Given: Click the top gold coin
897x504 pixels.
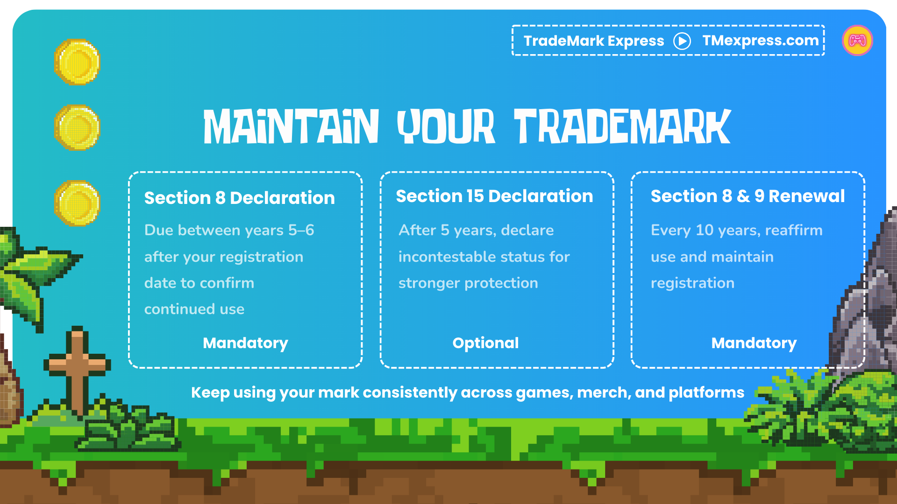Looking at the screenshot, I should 77,62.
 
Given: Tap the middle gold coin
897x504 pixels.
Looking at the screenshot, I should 77,127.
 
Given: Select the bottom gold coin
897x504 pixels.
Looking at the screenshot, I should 77,203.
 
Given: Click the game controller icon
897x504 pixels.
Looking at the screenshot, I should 857,41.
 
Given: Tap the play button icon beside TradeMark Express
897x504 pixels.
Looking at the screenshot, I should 682,41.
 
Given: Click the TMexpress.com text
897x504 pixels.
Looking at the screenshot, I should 760,41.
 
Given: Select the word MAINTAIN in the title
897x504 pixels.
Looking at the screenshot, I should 291,126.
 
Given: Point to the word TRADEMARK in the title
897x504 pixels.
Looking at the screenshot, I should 622,126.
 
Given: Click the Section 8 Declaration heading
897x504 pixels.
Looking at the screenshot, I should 239,198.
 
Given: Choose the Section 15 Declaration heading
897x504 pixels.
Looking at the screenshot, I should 494,196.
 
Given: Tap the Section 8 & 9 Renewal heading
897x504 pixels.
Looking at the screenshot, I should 747,196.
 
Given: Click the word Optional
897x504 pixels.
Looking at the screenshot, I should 485,343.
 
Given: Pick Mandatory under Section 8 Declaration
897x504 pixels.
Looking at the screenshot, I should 245,343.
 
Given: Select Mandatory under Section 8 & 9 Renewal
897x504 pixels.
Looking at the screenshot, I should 754,343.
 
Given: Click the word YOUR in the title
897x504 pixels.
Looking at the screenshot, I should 446,126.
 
